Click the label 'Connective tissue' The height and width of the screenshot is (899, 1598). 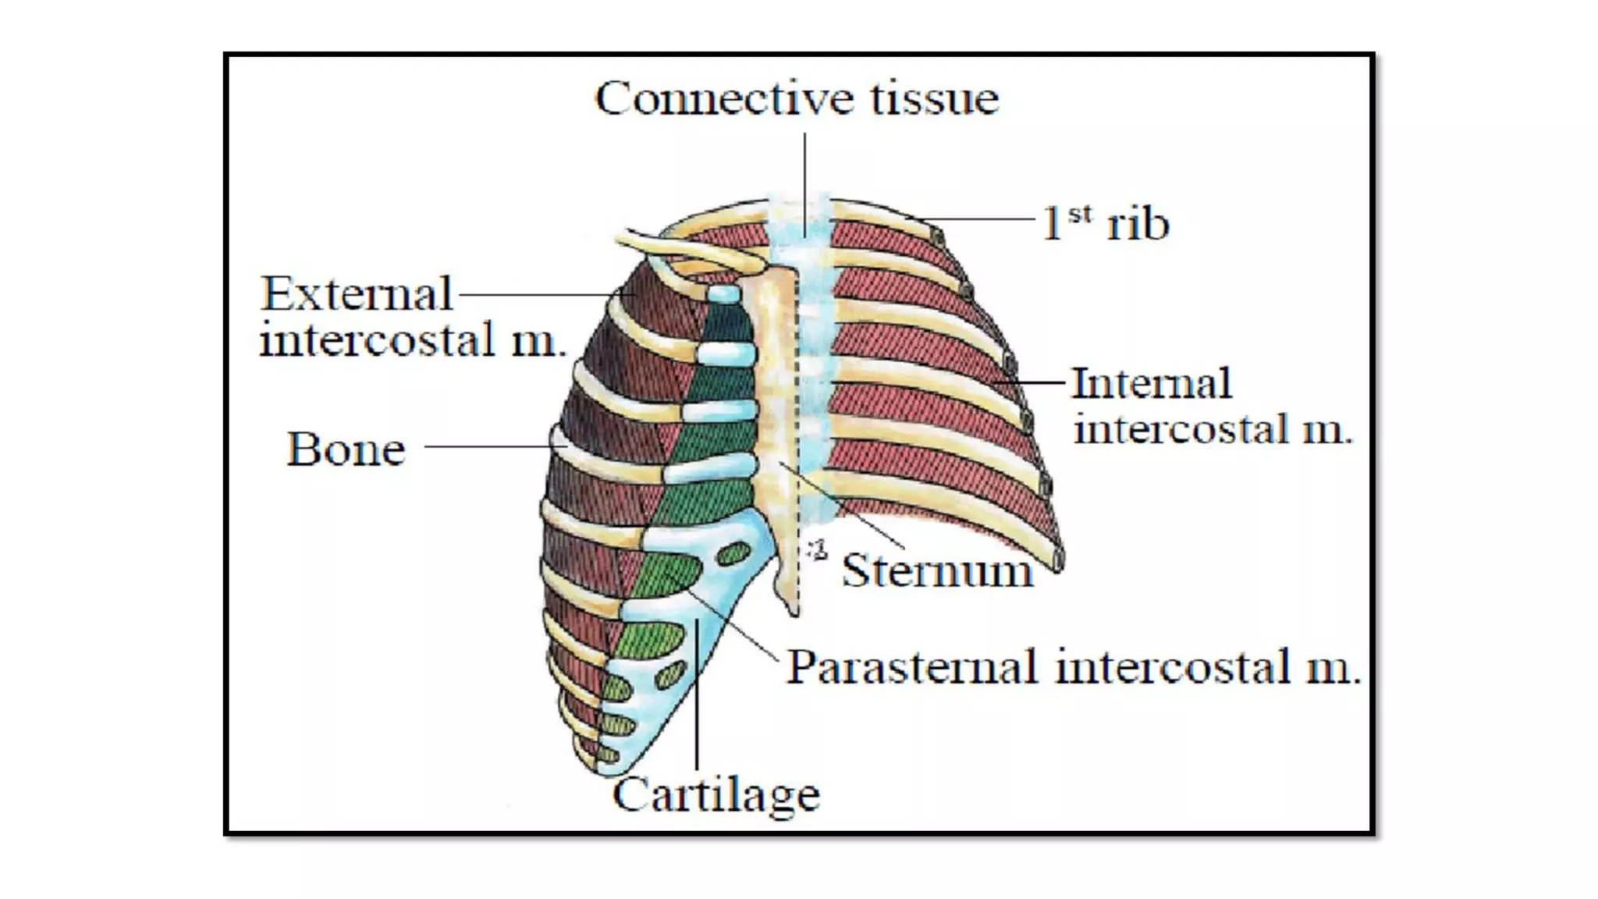point(797,99)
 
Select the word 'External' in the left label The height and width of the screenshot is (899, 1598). point(357,294)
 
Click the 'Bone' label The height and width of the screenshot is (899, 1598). point(346,449)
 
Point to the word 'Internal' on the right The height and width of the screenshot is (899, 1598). point(1152,384)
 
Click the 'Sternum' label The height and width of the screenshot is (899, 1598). point(937,570)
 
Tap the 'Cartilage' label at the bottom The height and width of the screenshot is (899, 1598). point(716,795)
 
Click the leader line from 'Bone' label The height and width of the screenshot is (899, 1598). point(488,446)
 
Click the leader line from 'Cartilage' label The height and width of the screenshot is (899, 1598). point(697,702)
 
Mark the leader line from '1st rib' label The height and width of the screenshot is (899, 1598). point(983,219)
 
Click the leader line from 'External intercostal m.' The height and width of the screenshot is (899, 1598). point(538,295)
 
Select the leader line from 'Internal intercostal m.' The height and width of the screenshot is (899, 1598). point(1030,382)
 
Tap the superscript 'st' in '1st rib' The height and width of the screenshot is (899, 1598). point(1079,213)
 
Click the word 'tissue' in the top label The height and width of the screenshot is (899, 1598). point(934,99)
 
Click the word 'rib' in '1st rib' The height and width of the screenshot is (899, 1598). point(1138,224)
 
